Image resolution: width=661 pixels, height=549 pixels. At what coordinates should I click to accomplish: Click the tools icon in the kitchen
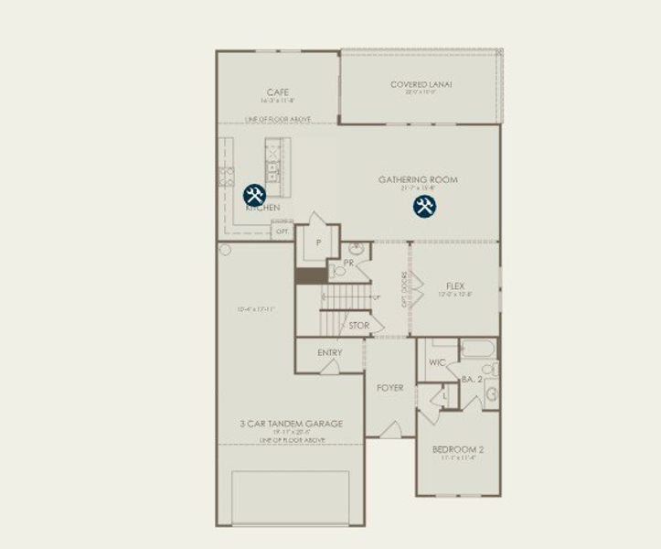click(x=254, y=195)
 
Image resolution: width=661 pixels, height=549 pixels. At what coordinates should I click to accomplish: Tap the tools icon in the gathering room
click(x=423, y=206)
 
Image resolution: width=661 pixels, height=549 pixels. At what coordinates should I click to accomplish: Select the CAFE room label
click(x=278, y=92)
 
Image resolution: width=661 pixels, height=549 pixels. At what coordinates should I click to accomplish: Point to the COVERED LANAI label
click(x=421, y=85)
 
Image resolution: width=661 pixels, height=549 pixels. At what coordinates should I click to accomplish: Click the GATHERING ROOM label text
click(x=418, y=179)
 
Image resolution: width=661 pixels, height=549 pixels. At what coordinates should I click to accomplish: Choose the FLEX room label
click(x=455, y=286)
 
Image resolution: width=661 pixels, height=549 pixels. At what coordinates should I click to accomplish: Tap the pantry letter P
click(x=319, y=243)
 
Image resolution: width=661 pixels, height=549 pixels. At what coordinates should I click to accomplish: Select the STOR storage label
click(x=359, y=325)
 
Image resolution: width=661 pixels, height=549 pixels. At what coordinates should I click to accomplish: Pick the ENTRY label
click(x=330, y=353)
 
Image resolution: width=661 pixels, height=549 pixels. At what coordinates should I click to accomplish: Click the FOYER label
click(x=390, y=388)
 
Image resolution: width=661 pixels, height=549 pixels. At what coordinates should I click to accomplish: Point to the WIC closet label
click(x=437, y=362)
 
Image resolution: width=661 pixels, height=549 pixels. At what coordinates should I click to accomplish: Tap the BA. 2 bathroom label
click(x=472, y=379)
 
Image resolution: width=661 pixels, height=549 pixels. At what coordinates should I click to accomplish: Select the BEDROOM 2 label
click(x=458, y=449)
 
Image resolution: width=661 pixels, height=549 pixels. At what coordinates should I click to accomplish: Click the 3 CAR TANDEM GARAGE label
click(x=291, y=424)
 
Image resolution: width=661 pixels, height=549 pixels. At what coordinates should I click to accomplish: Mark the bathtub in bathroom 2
click(x=478, y=349)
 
